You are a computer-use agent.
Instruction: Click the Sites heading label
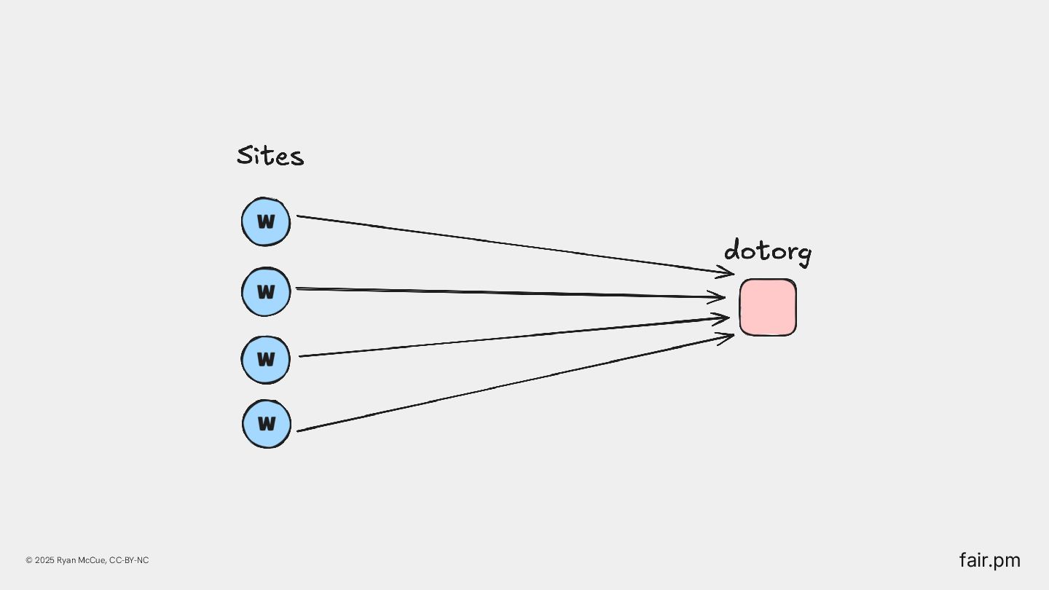click(270, 156)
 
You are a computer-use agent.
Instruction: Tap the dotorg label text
click(767, 251)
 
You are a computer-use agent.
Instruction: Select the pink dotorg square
click(768, 307)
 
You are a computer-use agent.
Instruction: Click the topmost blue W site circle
click(266, 221)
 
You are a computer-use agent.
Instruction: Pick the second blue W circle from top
click(266, 291)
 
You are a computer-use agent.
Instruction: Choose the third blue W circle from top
click(266, 359)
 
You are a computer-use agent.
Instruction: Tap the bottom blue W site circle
click(267, 423)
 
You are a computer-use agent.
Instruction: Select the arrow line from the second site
click(510, 293)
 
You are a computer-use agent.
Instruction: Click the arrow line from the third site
click(510, 337)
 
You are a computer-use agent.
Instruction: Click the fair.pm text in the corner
click(989, 560)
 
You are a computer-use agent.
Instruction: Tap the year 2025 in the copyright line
click(44, 560)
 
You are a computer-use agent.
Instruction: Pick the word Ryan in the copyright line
click(66, 560)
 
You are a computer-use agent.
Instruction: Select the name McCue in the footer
click(91, 560)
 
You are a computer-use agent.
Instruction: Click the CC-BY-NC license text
click(129, 560)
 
